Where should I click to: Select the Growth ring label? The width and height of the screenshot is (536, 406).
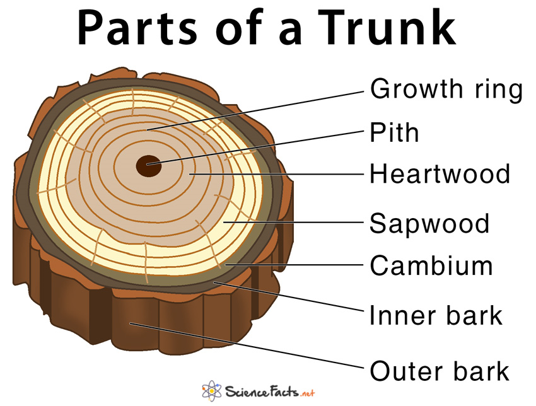click(x=446, y=90)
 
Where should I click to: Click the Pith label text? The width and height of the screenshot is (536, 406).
click(x=394, y=132)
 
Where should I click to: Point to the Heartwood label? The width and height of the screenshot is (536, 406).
click(x=440, y=173)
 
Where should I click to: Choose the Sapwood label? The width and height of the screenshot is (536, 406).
click(x=429, y=223)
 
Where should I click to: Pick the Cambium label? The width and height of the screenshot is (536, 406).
click(x=431, y=265)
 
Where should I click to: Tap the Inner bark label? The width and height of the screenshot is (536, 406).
click(x=436, y=315)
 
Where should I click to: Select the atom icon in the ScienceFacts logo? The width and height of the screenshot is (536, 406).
click(x=211, y=389)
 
